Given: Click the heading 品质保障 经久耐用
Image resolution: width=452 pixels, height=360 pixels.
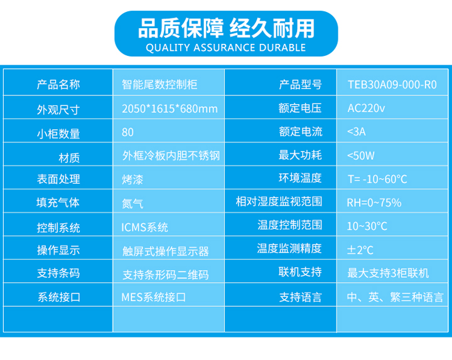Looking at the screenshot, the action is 226,28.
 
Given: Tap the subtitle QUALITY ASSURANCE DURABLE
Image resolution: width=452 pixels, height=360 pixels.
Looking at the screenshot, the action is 226,48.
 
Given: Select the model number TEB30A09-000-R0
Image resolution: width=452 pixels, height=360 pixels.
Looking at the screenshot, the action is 392,85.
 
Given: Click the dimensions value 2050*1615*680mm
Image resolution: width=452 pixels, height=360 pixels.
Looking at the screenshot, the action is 169,109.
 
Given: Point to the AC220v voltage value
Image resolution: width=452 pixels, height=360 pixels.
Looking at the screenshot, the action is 366,109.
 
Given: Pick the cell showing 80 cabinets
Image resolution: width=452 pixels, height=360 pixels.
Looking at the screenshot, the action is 127,132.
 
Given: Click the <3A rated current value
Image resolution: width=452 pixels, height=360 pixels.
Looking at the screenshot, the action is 357,132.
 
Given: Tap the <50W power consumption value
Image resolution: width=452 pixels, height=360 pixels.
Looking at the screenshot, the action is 360,156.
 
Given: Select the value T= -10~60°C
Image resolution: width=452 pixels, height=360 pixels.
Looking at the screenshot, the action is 377,179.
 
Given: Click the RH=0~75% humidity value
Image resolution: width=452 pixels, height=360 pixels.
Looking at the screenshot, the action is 374,203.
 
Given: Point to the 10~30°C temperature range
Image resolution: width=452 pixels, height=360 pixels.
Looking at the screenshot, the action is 367,226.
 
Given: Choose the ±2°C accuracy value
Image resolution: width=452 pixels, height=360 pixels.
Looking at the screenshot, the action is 360,250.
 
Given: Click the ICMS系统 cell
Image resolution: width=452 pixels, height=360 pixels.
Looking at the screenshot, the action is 144,228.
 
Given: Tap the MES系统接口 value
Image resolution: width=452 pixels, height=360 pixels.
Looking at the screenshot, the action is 154,297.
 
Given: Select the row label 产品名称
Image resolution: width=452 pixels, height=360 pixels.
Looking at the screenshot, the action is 58,85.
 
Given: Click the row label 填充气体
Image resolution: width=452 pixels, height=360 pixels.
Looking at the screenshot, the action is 58,203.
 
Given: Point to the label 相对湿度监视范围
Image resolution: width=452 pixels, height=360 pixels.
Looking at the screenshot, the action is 279,201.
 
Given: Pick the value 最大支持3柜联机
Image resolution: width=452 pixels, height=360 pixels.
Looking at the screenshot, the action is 388,273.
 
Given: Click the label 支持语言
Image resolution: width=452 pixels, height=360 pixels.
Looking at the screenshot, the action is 301,297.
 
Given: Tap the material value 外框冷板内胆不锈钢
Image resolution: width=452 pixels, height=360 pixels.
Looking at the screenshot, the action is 171,156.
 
